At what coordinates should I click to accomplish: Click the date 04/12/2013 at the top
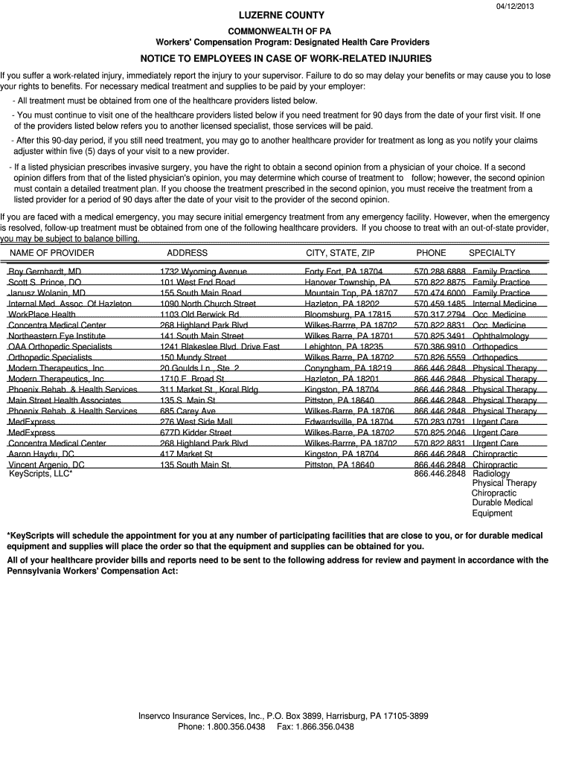pyautogui.click(x=515, y=6)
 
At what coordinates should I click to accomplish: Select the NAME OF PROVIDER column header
pyautogui.click(x=51, y=253)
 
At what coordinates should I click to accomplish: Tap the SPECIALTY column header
pyautogui.click(x=492, y=253)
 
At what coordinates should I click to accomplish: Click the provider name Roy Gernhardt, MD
pyautogui.click(x=45, y=272)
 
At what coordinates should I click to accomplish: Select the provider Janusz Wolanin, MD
pyautogui.click(x=47, y=293)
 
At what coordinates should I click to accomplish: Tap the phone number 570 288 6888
pyautogui.click(x=440, y=272)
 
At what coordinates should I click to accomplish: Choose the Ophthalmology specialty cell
pyautogui.click(x=501, y=336)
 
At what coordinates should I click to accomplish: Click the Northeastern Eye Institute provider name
pyautogui.click(x=57, y=336)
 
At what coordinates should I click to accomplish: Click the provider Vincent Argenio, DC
pyautogui.click(x=46, y=465)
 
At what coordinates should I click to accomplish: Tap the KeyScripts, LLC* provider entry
pyautogui.click(x=40, y=474)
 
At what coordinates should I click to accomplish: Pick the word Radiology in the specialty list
pyautogui.click(x=491, y=474)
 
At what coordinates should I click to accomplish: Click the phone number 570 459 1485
pyautogui.click(x=440, y=304)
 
